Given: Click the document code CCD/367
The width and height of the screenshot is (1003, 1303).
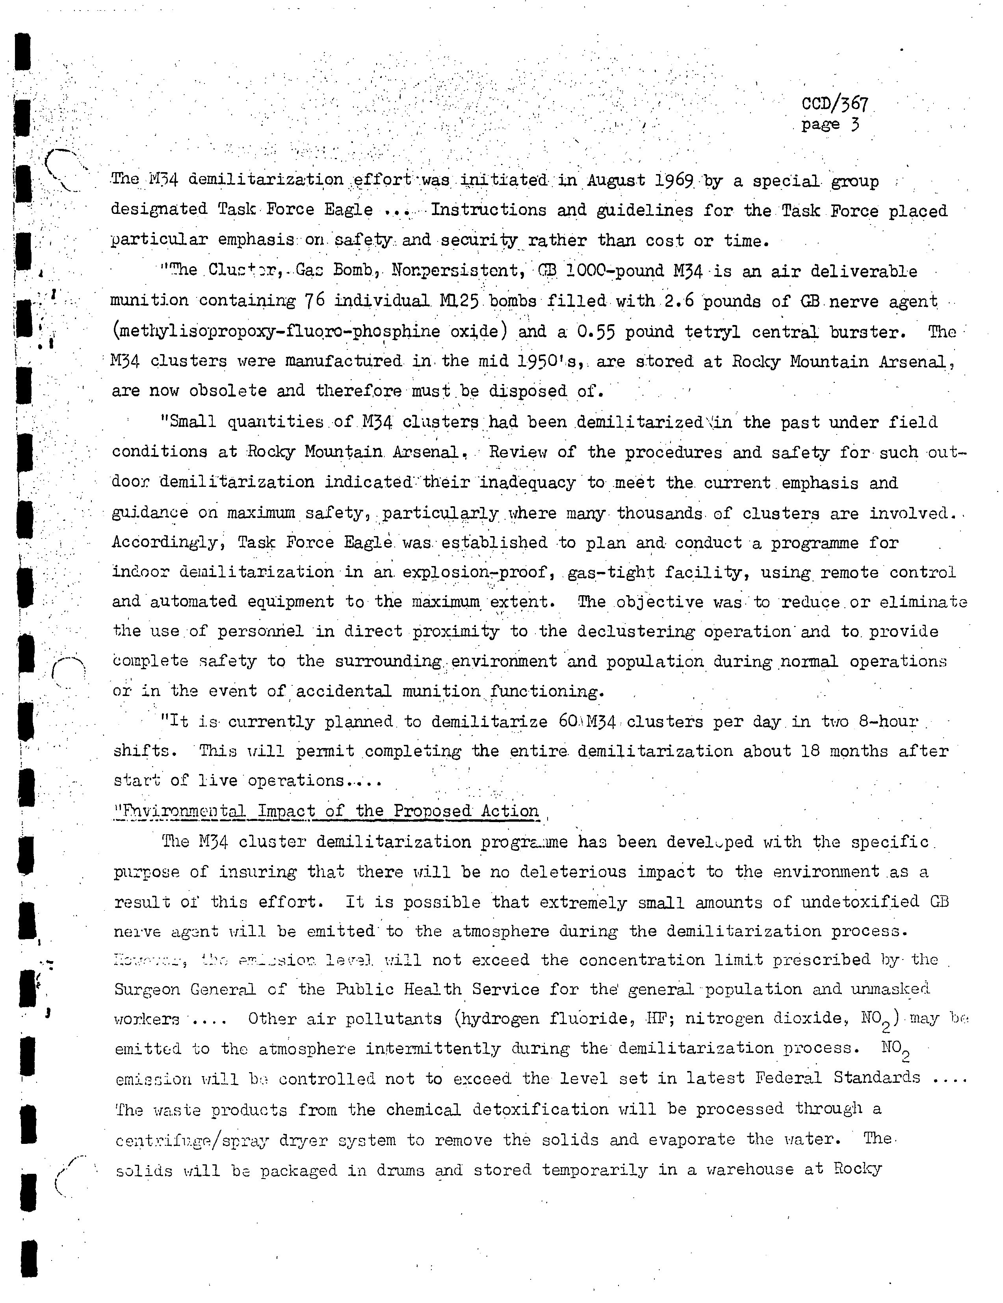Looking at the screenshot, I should (x=834, y=104).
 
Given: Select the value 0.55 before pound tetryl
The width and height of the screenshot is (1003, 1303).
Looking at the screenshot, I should (x=597, y=332).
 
